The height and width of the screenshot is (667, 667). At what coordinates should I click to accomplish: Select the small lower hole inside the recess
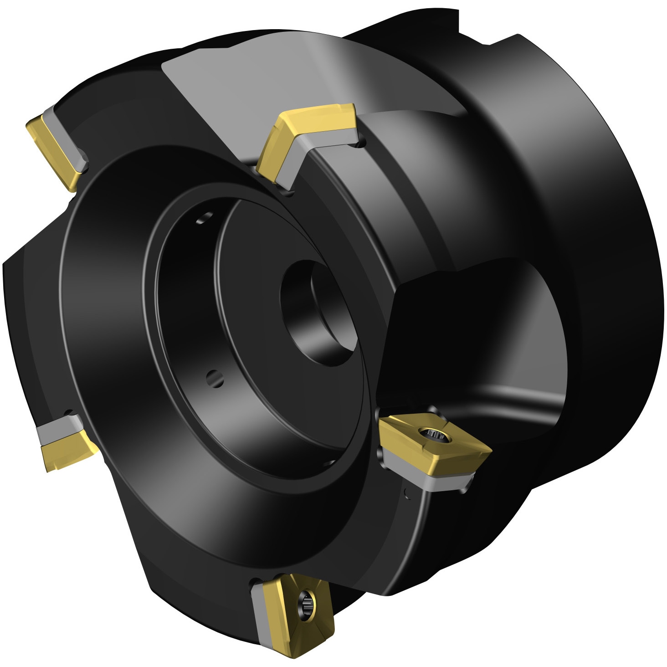(215, 378)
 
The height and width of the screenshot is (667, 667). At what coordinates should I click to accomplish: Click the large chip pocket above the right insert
(478, 333)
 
